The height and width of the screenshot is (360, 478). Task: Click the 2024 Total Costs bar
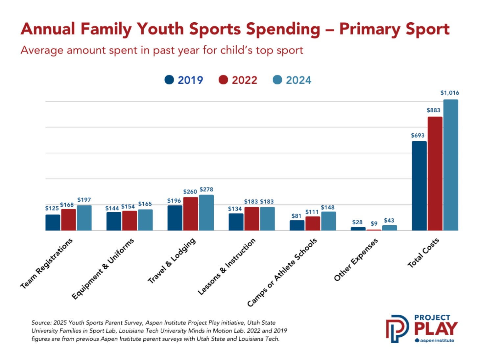pos(451,165)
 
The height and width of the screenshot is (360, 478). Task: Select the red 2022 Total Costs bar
pos(435,173)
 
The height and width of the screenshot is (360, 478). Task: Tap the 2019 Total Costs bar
pos(419,186)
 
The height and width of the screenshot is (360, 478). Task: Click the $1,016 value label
pos(450,93)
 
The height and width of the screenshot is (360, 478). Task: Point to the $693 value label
pos(418,136)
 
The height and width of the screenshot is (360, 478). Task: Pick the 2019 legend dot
pos(169,79)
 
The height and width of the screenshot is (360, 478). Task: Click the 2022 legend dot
pos(223,79)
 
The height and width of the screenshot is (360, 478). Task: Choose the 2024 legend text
pos(299,80)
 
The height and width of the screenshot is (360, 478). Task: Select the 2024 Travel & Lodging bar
pos(206,213)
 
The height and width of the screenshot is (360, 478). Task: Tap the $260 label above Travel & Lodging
pos(190,191)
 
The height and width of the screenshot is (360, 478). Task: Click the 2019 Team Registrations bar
pos(53,222)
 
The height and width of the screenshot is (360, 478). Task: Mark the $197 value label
pos(84,200)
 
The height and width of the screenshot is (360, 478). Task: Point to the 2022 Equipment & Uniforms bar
pos(130,220)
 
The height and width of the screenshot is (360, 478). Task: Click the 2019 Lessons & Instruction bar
pos(236,222)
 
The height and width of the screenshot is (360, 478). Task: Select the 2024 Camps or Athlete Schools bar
pos(328,221)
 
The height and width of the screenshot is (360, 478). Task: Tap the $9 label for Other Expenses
pos(374,223)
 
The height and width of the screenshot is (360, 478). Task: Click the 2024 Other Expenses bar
pos(390,228)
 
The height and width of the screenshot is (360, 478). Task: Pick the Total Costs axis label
pos(423,253)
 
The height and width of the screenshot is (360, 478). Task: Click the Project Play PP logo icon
pos(397,328)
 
